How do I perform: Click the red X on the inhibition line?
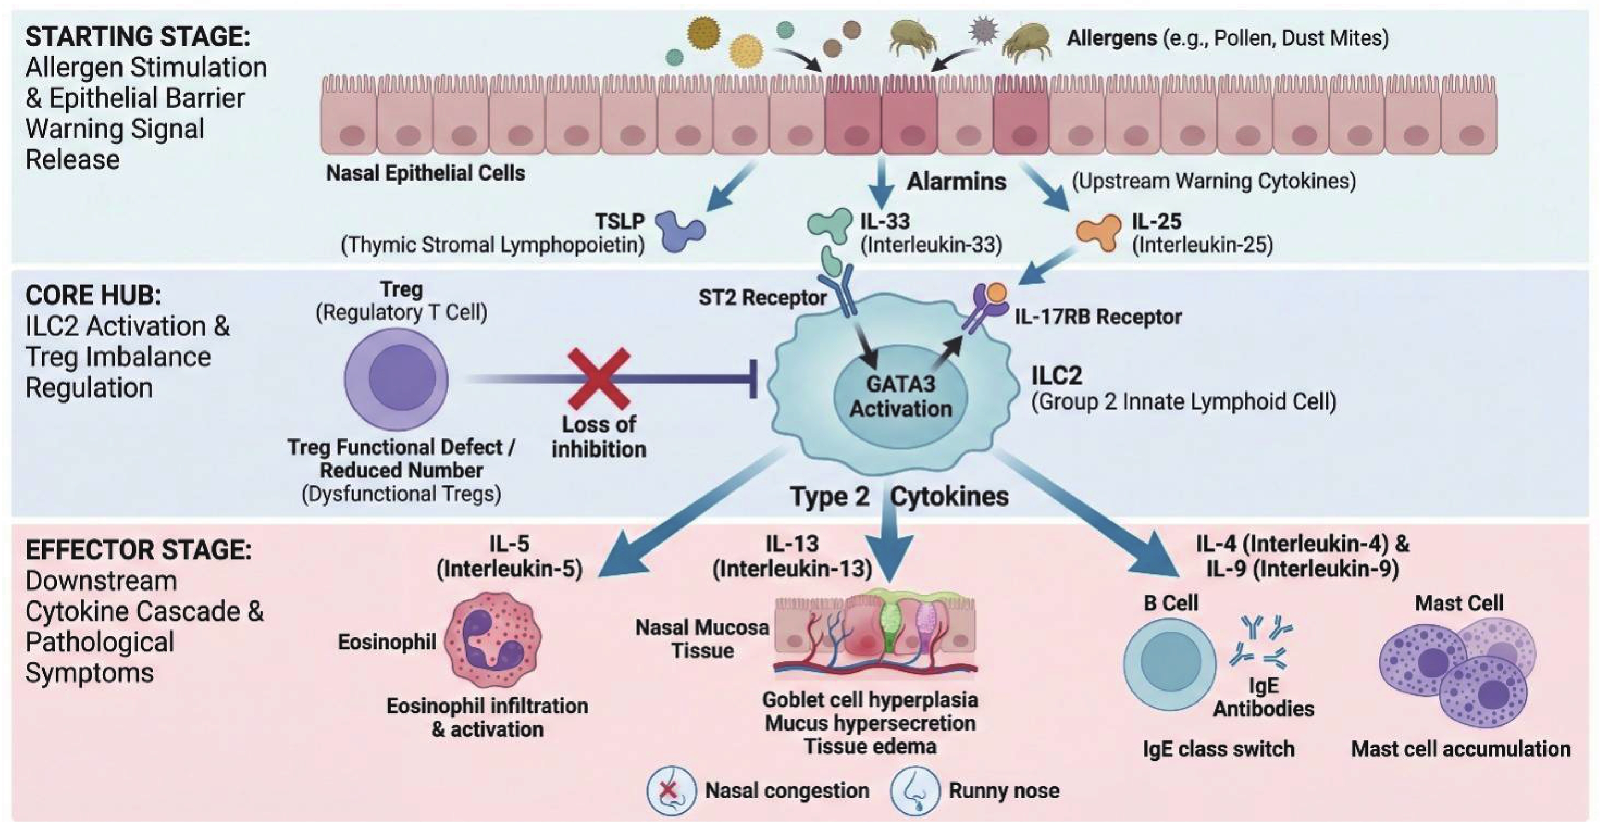[599, 378]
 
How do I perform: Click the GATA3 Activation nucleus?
[900, 396]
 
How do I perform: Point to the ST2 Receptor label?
[762, 297]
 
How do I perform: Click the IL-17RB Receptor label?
[1098, 317]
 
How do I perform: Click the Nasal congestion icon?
[670, 791]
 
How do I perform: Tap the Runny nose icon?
[913, 791]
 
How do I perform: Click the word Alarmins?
[956, 181]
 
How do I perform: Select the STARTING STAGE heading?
[137, 36]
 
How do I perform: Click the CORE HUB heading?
[93, 295]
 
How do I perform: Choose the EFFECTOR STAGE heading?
[138, 550]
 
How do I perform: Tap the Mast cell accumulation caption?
[1460, 749]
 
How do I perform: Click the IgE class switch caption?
[1218, 749]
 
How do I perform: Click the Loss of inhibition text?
[599, 436]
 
